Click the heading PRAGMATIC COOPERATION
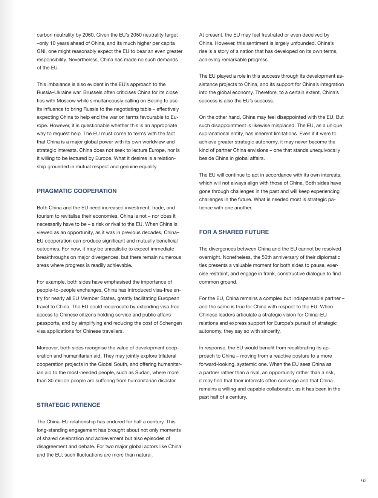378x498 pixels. tap(77, 191)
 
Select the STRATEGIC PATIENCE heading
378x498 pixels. tap(68, 405)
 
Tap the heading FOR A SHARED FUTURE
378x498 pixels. tap(234, 232)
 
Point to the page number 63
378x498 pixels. tap(364, 480)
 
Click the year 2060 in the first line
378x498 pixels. tap(87, 35)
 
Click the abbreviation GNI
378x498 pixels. tap(41, 51)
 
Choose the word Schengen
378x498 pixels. tap(167, 323)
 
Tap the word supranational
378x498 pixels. tap(215, 134)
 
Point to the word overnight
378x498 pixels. tap(210, 257)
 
